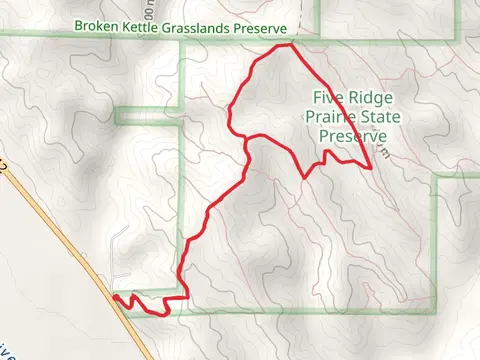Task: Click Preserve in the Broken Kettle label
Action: (x=259, y=29)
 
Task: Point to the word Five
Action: (x=327, y=98)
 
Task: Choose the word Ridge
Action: (x=368, y=98)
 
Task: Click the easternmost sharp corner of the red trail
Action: (x=372, y=168)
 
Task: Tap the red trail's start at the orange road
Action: (x=115, y=296)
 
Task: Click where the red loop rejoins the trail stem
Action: (x=246, y=141)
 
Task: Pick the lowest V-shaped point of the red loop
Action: (x=305, y=177)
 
